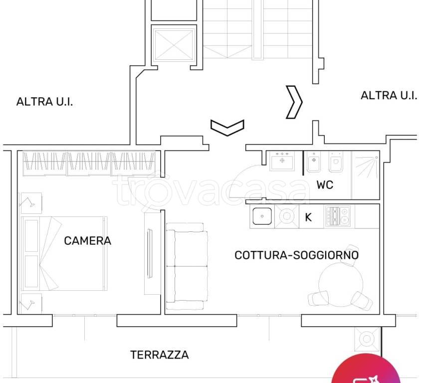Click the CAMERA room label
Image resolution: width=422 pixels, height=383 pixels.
coord(88,241)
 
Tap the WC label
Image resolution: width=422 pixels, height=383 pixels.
coord(325,185)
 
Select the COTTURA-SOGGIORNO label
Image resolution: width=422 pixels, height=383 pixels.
coord(296,255)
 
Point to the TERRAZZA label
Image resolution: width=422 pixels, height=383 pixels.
coord(160,355)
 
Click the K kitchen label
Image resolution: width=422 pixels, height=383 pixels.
coord(308,217)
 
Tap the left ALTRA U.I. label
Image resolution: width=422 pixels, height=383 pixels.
coord(45,102)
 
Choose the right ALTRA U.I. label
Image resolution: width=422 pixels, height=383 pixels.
coord(389,95)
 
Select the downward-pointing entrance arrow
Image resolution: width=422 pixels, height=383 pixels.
coord(227,127)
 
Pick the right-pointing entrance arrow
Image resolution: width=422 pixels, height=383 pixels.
coord(294,102)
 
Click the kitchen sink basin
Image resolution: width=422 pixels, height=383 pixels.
coord(261,217)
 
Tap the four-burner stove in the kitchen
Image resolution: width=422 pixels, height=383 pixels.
coord(338,216)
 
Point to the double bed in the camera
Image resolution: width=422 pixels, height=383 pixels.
coord(64,254)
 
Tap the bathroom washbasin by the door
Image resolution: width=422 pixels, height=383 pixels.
coord(281,161)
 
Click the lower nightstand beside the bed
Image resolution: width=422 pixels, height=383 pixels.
coord(30,303)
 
